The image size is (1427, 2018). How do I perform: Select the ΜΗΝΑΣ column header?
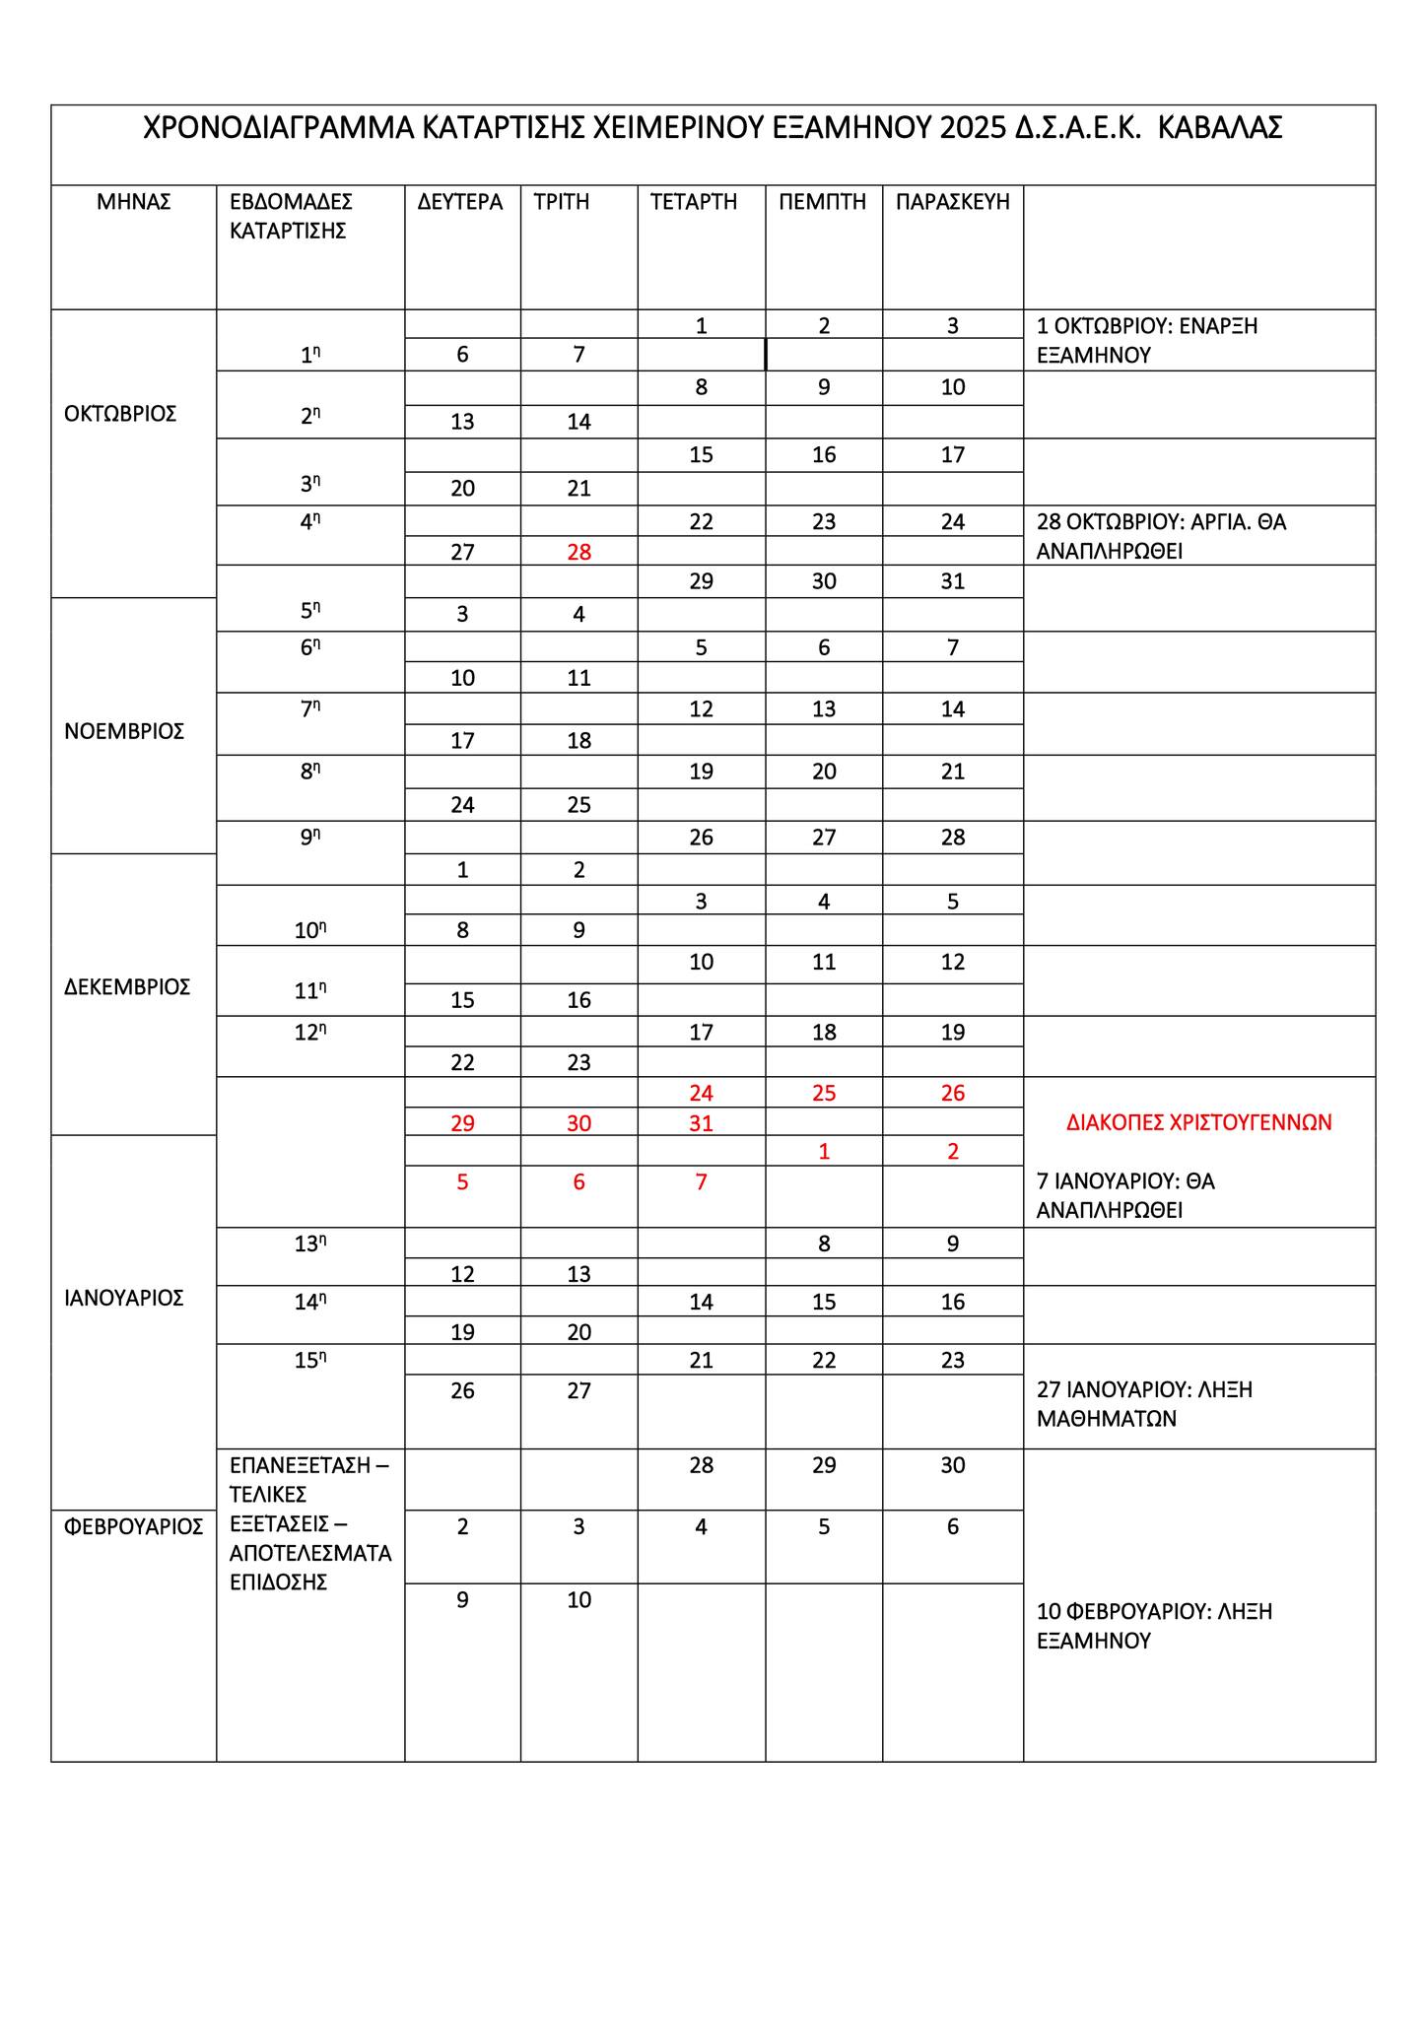pos(134,202)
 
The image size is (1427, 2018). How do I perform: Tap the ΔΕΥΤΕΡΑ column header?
pos(460,202)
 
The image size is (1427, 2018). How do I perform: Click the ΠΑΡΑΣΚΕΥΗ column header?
pos(953,202)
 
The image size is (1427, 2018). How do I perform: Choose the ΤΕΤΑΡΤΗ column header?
pos(694,202)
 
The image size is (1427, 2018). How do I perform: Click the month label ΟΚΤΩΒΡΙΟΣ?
pos(120,414)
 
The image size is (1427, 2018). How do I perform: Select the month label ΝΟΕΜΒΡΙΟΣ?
pos(124,731)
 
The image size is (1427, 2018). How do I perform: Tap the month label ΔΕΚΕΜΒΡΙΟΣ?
pos(127,987)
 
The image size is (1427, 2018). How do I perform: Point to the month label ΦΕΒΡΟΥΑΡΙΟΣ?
pos(134,1527)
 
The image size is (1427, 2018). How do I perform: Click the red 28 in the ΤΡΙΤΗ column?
pos(579,552)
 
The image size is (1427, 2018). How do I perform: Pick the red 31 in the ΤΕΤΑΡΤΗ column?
pos(701,1123)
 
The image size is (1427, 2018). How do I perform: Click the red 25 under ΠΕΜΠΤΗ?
pos(824,1093)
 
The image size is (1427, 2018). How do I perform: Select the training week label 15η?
pos(310,1361)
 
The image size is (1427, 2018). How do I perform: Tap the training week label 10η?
pos(310,930)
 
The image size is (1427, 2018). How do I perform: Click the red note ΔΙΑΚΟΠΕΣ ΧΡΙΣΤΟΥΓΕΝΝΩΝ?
pos(1199,1122)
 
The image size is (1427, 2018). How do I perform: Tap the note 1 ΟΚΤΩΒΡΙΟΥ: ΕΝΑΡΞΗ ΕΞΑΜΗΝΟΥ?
pos(1147,340)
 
